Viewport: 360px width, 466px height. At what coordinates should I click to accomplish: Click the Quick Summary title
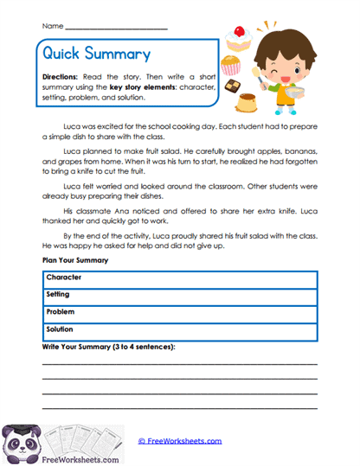click(x=96, y=54)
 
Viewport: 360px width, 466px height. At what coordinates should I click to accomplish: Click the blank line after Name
click(x=116, y=29)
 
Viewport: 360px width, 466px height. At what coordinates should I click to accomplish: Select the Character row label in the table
click(x=64, y=277)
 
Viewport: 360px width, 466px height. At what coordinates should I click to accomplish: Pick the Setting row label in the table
click(x=60, y=294)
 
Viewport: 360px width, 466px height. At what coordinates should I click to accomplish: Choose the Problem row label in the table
click(x=61, y=311)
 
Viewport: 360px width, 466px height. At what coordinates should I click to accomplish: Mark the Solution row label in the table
click(x=62, y=329)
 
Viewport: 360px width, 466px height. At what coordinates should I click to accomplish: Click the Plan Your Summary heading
click(x=74, y=259)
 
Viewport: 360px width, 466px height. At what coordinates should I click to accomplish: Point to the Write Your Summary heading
click(x=108, y=347)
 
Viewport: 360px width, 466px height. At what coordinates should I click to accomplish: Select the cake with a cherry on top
click(x=236, y=35)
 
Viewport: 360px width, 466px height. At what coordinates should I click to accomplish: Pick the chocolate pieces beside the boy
click(x=231, y=86)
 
